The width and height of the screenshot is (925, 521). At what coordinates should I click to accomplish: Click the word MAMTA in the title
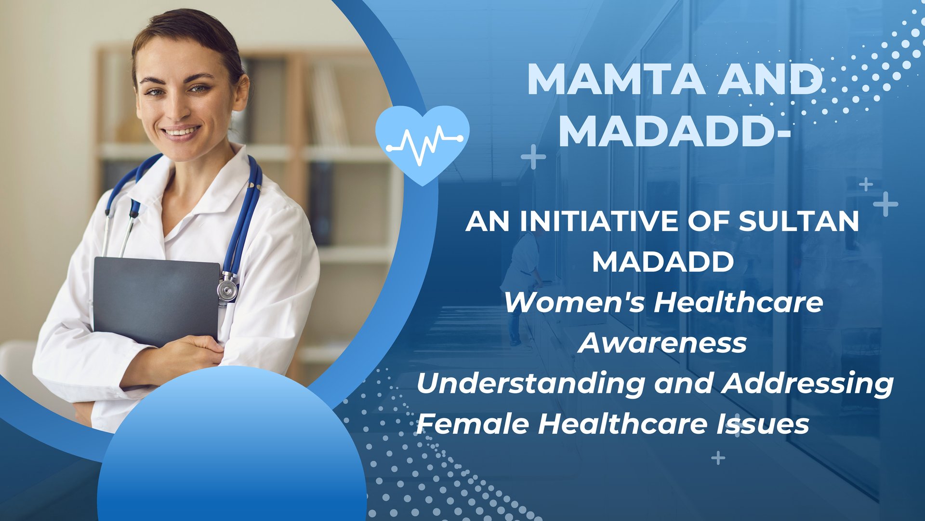616,79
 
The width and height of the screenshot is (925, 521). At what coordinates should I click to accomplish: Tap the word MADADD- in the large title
674,131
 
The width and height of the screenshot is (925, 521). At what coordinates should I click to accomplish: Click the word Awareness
662,343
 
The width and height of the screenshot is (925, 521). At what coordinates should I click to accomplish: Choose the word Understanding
530,384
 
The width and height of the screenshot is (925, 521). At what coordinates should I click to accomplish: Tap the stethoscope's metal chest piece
227,289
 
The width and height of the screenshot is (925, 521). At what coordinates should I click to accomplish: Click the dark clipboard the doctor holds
156,301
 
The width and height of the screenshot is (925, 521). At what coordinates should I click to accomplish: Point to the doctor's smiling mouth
181,132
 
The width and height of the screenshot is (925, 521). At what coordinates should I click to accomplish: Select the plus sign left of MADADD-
533,157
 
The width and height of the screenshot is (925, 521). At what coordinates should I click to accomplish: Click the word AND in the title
770,79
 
